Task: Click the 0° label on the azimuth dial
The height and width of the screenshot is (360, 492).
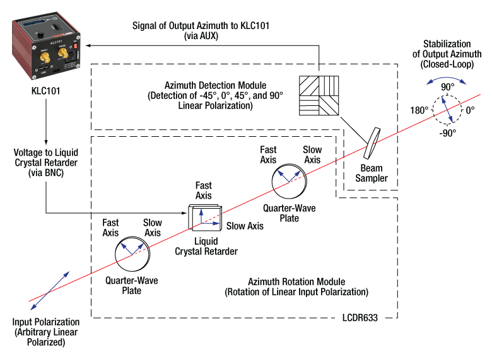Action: (x=471, y=110)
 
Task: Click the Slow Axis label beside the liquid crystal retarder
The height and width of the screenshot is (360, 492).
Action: (x=245, y=226)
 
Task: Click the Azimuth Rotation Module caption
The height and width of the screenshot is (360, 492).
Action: (x=296, y=287)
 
